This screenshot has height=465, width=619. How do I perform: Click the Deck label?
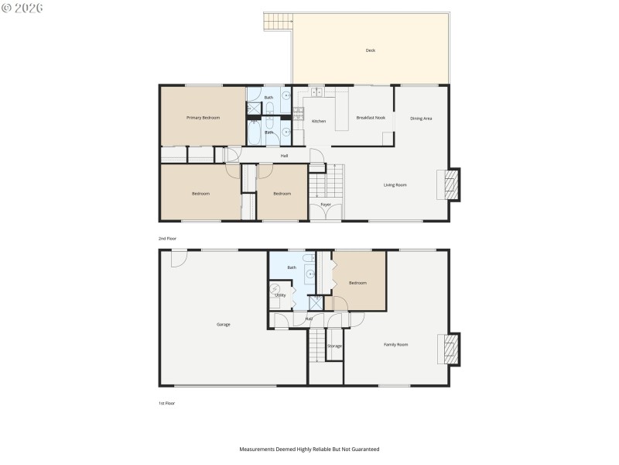tap(370, 51)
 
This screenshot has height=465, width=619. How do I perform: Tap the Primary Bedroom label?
tap(203, 118)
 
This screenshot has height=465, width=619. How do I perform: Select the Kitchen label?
tap(319, 122)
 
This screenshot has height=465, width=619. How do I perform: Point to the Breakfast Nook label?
tap(371, 118)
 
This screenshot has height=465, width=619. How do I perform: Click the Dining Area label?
tap(421, 118)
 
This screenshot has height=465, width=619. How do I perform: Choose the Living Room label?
tap(395, 184)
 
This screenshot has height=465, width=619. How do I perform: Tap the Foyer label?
tap(326, 205)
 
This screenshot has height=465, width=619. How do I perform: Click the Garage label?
tap(223, 325)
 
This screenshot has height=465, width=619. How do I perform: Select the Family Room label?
tap(396, 344)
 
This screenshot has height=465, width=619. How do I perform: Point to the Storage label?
tap(334, 346)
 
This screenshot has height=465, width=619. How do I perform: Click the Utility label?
tap(280, 295)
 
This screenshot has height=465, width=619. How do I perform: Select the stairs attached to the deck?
tap(277, 22)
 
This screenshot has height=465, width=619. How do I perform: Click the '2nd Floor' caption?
tap(167, 239)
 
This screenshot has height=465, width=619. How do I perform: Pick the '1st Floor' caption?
tap(166, 403)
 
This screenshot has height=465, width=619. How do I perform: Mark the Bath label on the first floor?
tap(292, 267)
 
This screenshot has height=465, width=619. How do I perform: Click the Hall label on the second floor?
tap(285, 156)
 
